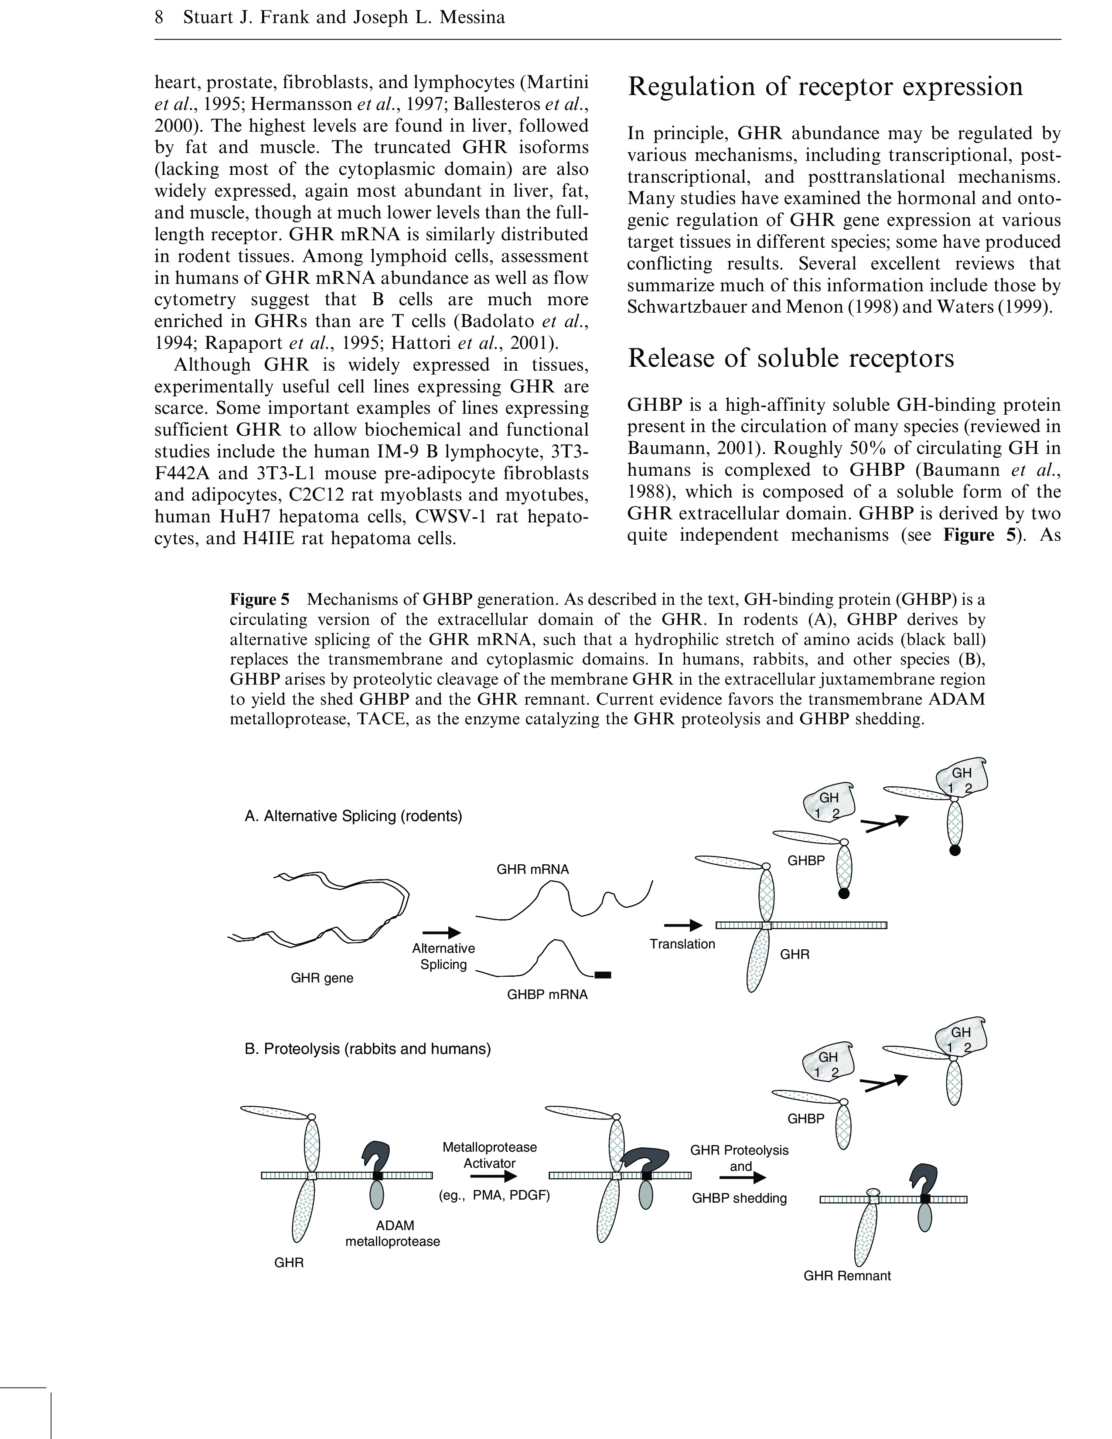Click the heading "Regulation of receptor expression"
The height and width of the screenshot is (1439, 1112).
825,87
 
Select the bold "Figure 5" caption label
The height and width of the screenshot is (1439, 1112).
259,599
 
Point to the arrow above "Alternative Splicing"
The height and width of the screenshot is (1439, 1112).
441,932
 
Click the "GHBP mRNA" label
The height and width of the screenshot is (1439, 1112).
547,994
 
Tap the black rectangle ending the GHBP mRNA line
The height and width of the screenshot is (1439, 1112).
602,975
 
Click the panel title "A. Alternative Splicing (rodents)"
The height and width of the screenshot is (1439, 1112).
353,816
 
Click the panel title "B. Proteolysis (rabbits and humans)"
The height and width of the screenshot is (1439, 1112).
368,1048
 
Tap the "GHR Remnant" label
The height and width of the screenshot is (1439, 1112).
846,1275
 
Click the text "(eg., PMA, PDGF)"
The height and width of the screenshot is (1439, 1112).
494,1194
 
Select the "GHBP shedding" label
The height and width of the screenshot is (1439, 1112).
739,1198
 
